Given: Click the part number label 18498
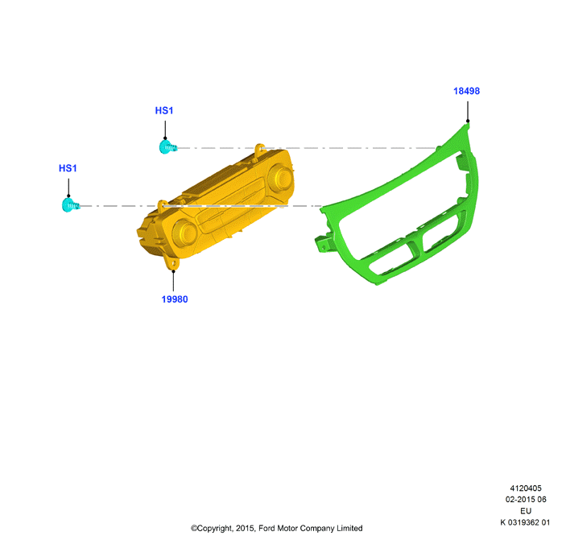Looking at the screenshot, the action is click(x=466, y=91).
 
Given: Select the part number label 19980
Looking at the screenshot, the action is click(x=175, y=299).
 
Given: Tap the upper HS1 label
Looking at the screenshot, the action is click(x=164, y=110).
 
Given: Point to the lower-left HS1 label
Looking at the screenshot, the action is click(x=68, y=168).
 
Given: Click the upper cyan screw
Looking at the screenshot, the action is click(x=167, y=147).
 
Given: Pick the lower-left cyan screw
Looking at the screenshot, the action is click(x=71, y=205).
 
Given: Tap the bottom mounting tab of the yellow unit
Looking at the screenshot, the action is click(x=172, y=263).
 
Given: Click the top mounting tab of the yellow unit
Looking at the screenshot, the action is click(x=259, y=149).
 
